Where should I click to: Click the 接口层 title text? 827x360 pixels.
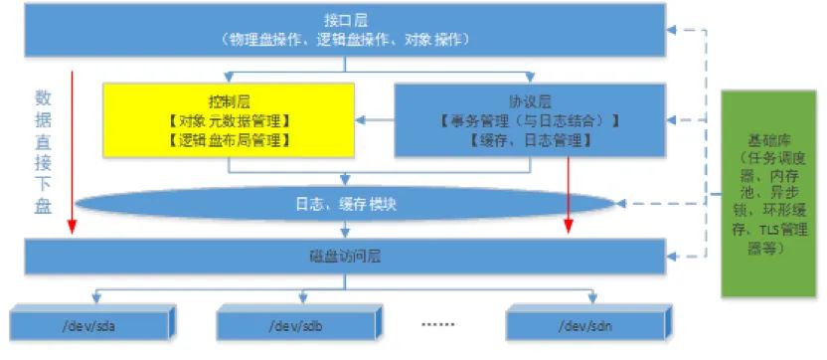(345, 19)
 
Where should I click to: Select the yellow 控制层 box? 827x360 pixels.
(229, 119)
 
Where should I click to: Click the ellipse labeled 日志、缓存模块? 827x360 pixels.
(345, 204)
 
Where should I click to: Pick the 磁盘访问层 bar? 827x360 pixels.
(345, 257)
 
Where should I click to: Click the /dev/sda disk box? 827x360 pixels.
(90, 324)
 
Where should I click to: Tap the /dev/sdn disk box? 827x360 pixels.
(585, 324)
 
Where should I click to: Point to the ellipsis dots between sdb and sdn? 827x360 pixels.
(437, 323)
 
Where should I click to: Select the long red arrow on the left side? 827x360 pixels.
(72, 149)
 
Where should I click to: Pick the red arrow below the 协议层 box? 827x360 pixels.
(569, 195)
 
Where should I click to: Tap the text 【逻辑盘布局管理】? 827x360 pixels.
(229, 140)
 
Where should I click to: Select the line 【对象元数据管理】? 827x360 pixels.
(229, 120)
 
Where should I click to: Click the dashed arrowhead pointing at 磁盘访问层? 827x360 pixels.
(673, 258)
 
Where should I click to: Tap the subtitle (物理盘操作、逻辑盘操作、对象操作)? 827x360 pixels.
(345, 39)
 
